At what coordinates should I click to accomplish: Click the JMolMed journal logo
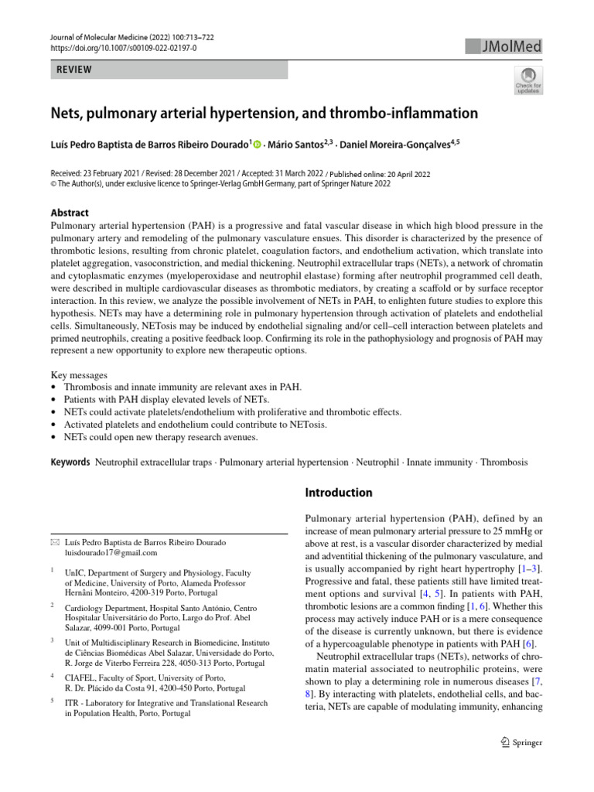[504, 47]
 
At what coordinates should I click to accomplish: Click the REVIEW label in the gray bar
[71, 70]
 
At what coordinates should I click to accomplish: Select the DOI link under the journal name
[124, 48]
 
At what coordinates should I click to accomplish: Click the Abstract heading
[70, 213]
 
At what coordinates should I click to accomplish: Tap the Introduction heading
[339, 493]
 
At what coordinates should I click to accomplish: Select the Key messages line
[78, 374]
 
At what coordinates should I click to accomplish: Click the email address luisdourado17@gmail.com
[112, 553]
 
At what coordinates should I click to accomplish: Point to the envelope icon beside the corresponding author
[54, 542]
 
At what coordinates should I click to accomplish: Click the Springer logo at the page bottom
[523, 742]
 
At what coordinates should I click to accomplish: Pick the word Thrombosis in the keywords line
[504, 462]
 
